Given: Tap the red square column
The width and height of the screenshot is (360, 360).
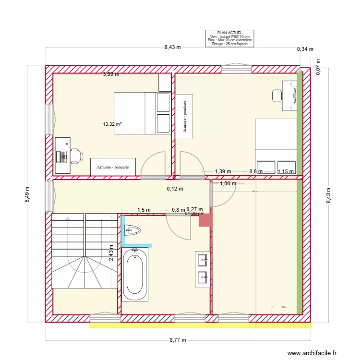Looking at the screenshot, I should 205,220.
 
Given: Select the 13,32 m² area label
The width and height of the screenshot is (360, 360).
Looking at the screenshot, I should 112,124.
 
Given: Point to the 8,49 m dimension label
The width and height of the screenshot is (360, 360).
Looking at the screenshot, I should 28,194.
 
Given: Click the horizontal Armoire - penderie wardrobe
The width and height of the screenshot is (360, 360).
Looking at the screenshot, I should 113,167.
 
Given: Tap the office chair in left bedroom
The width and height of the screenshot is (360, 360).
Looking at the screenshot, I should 76,156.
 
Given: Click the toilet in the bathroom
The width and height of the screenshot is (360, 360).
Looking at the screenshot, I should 133,231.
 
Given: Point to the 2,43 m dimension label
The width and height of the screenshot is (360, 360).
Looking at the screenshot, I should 111,252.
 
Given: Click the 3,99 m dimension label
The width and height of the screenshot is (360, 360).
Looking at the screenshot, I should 111,74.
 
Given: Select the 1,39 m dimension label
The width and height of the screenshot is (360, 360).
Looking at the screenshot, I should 223,171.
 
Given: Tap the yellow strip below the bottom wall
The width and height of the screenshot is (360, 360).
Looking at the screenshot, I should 200,325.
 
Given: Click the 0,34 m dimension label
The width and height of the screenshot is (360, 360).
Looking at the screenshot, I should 305,49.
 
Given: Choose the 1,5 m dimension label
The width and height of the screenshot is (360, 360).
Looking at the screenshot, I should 144,210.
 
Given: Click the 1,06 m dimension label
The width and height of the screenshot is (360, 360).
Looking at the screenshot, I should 228,183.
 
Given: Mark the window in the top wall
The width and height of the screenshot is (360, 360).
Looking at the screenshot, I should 237,69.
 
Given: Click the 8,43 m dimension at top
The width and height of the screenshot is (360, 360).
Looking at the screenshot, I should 172,47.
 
